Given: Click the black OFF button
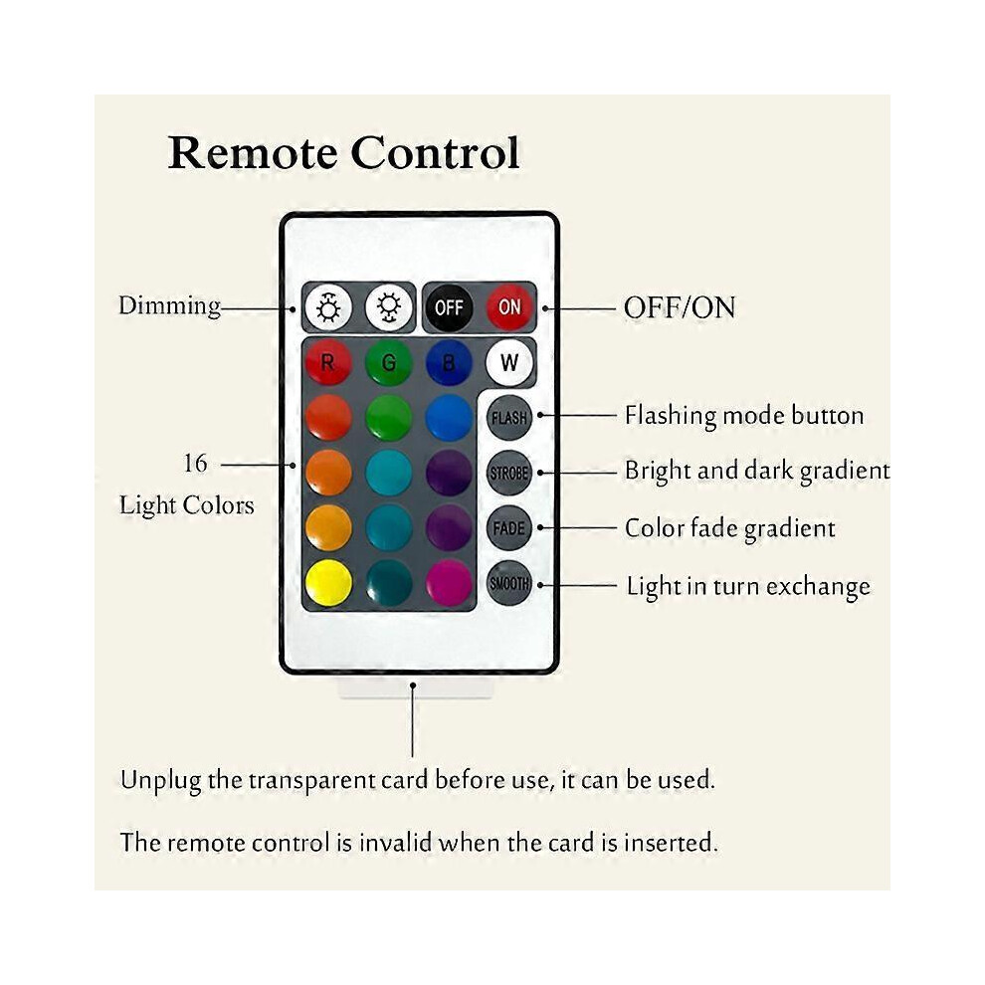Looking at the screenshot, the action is click(449, 307).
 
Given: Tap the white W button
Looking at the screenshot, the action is click(509, 362).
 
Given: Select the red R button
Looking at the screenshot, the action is click(328, 362).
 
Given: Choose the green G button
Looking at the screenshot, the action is click(389, 362).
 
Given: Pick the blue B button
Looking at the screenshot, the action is click(449, 362).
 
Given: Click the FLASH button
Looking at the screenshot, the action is click(509, 418).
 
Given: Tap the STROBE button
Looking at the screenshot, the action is click(509, 473).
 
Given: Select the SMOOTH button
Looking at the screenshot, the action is click(509, 584).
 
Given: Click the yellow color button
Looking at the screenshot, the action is click(328, 584).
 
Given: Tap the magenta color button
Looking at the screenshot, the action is click(449, 584).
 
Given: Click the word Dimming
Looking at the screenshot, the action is click(169, 306).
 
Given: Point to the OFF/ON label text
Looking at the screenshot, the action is click(680, 307).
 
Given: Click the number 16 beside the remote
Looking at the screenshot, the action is click(195, 464).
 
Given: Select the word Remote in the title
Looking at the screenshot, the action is click(253, 152).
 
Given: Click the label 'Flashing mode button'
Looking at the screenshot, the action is click(744, 416).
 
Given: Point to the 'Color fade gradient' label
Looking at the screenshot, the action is click(730, 529).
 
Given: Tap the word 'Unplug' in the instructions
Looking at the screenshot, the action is click(161, 781).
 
